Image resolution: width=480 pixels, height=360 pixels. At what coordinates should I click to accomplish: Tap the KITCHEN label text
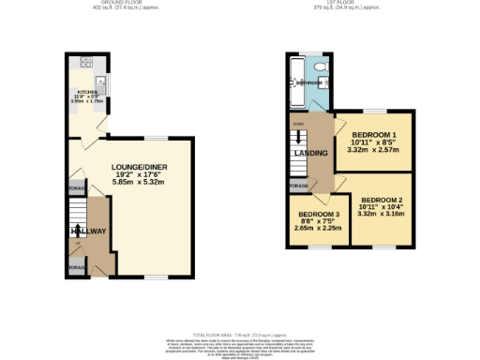[86, 93]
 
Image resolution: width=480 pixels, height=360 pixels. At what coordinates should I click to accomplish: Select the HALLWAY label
[86, 231]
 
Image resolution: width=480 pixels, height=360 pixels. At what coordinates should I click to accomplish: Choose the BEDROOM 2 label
[382, 200]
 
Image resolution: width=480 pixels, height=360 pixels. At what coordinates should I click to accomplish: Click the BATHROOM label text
[308, 82]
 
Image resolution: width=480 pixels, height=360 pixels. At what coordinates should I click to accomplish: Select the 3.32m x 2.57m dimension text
[372, 149]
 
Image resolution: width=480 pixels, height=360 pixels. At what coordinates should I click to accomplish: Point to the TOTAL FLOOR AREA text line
[239, 334]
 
